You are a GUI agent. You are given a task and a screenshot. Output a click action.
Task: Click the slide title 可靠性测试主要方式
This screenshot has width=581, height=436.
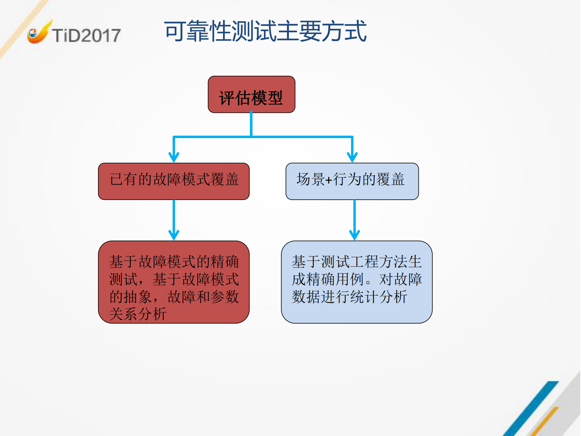265,32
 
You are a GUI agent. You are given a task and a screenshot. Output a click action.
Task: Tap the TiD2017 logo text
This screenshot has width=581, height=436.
86,36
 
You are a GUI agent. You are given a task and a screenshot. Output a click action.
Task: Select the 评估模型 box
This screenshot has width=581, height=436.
251,95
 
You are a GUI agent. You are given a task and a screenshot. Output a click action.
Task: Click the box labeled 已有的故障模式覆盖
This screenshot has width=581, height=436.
174,181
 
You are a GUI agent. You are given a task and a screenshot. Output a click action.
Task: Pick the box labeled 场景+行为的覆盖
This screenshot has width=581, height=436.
352,181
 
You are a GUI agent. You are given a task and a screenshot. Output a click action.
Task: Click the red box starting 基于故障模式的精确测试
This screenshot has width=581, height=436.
174,282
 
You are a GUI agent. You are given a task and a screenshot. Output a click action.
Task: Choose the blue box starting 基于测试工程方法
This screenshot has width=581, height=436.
357,282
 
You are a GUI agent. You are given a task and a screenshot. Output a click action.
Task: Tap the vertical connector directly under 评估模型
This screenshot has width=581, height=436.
251,125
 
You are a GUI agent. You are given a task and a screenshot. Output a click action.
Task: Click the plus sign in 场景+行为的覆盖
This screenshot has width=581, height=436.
328,180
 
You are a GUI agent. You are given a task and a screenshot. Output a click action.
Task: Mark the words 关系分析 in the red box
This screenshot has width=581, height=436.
138,314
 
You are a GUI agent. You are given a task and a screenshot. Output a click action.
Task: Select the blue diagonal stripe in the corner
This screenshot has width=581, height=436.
531,409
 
